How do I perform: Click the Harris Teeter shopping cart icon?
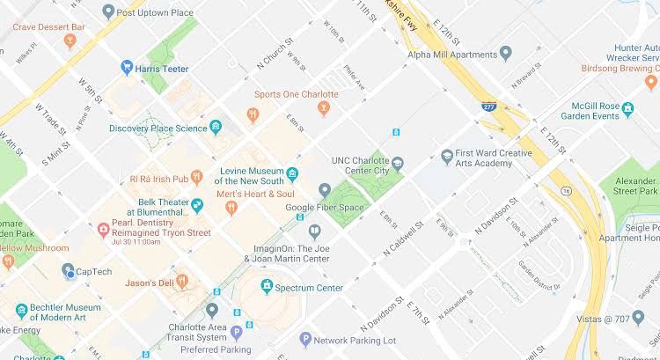[x=127, y=67]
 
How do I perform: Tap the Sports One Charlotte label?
[x=296, y=94]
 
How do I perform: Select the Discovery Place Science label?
[x=158, y=129]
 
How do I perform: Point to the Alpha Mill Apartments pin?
[x=505, y=53]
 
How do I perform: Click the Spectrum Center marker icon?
[x=267, y=287]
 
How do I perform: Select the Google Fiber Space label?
[x=324, y=207]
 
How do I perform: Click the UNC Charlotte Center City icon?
[x=398, y=164]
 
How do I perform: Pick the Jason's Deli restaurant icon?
[x=182, y=282]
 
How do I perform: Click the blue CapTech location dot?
[x=70, y=275]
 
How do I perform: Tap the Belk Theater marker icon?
[x=197, y=206]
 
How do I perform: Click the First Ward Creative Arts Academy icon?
[x=447, y=156]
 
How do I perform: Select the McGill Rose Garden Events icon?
[x=627, y=110]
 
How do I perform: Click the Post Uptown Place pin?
[x=108, y=11]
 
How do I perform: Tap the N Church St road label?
[x=274, y=55]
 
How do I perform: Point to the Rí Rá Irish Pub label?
[x=165, y=179]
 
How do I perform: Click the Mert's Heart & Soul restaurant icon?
[x=231, y=208]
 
